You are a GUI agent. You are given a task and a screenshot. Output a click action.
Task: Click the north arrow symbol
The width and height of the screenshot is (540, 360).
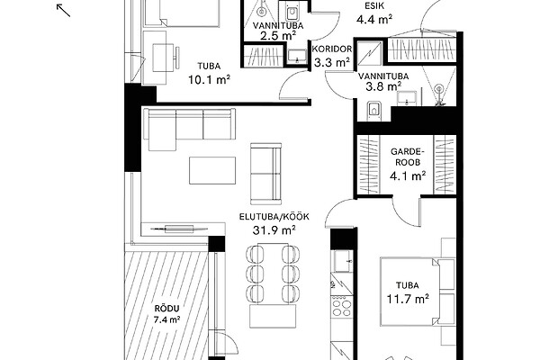[63, 10]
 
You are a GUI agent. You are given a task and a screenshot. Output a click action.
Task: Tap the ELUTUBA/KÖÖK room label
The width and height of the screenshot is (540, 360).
[274, 217]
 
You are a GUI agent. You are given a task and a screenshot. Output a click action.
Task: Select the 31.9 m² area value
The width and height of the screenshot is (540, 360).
[274, 229]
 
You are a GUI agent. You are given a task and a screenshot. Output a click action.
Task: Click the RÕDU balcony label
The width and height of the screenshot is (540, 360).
[167, 309]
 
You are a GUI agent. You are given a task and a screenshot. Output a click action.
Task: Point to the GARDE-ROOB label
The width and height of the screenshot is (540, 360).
[407, 157]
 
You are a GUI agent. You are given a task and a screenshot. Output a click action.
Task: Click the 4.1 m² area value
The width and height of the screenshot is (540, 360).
[408, 176]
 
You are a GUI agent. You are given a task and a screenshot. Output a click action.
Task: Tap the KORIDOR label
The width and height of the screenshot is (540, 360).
[332, 49]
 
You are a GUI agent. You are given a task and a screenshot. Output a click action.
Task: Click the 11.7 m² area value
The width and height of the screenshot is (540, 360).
[408, 299]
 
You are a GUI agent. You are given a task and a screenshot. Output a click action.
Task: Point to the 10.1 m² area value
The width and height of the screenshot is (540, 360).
[209, 79]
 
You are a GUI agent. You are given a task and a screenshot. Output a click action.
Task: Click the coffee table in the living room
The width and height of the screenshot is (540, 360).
[212, 170]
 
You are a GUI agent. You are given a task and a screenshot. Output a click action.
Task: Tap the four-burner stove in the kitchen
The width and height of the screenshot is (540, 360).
[342, 308]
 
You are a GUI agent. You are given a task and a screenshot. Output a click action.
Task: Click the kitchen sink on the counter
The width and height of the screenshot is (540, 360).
[342, 262]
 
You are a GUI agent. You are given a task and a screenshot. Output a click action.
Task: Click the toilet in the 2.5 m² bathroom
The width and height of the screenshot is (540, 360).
[292, 13]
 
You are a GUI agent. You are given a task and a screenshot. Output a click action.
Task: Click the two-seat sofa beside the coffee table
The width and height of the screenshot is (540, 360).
[265, 174]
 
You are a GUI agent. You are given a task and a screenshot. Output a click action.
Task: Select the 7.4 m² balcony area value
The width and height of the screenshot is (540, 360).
[167, 320]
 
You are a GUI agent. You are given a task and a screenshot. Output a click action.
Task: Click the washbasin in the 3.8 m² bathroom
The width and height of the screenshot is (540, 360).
[407, 97]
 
